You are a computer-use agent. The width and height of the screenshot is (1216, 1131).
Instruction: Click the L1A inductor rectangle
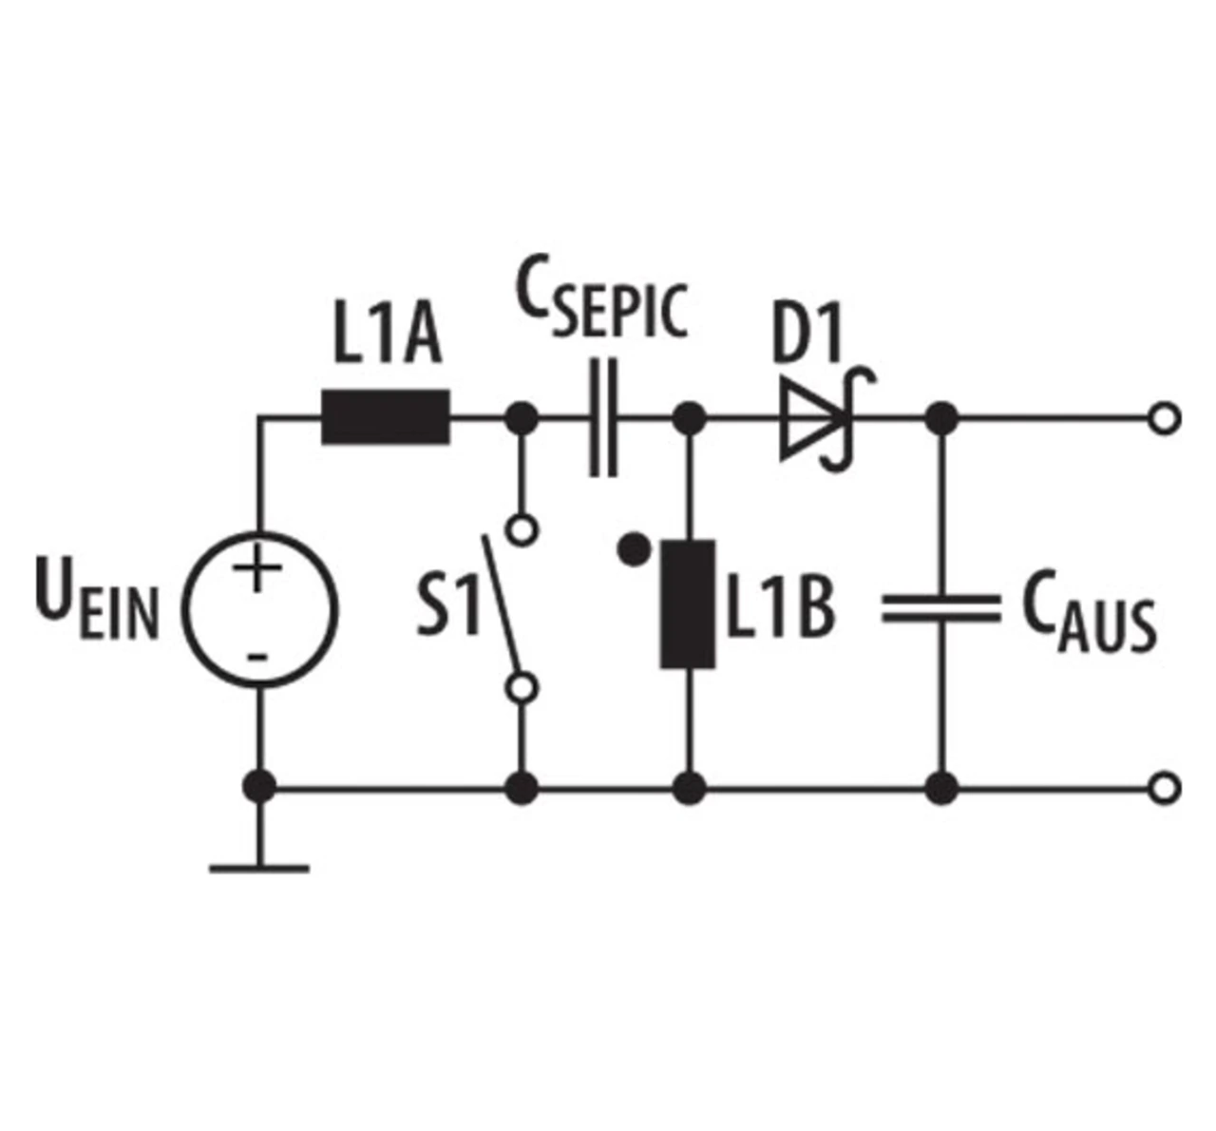[386, 417]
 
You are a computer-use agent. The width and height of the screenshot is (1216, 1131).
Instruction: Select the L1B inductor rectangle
[688, 604]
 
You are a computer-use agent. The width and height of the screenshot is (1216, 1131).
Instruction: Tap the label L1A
[387, 332]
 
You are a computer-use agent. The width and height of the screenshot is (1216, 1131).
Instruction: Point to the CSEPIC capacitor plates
[603, 417]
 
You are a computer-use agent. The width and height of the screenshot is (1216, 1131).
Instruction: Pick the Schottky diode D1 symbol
[826, 419]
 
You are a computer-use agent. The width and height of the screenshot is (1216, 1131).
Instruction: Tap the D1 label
[807, 332]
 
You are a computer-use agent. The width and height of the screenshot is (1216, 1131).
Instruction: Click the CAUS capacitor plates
[941, 609]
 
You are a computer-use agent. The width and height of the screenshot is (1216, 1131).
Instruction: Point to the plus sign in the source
[257, 567]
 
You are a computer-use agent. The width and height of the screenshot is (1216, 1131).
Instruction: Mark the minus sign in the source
[257, 658]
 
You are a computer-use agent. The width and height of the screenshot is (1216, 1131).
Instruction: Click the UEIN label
[97, 599]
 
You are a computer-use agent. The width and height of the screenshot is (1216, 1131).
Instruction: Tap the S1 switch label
[448, 606]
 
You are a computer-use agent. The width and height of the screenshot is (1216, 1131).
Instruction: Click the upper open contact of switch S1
[522, 529]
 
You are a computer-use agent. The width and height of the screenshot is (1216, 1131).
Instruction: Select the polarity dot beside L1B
[634, 549]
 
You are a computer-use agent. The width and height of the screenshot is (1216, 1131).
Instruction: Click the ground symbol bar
[259, 868]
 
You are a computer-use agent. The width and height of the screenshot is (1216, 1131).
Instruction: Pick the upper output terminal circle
[1166, 419]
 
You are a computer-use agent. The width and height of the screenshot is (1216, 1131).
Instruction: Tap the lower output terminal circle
[1166, 787]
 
